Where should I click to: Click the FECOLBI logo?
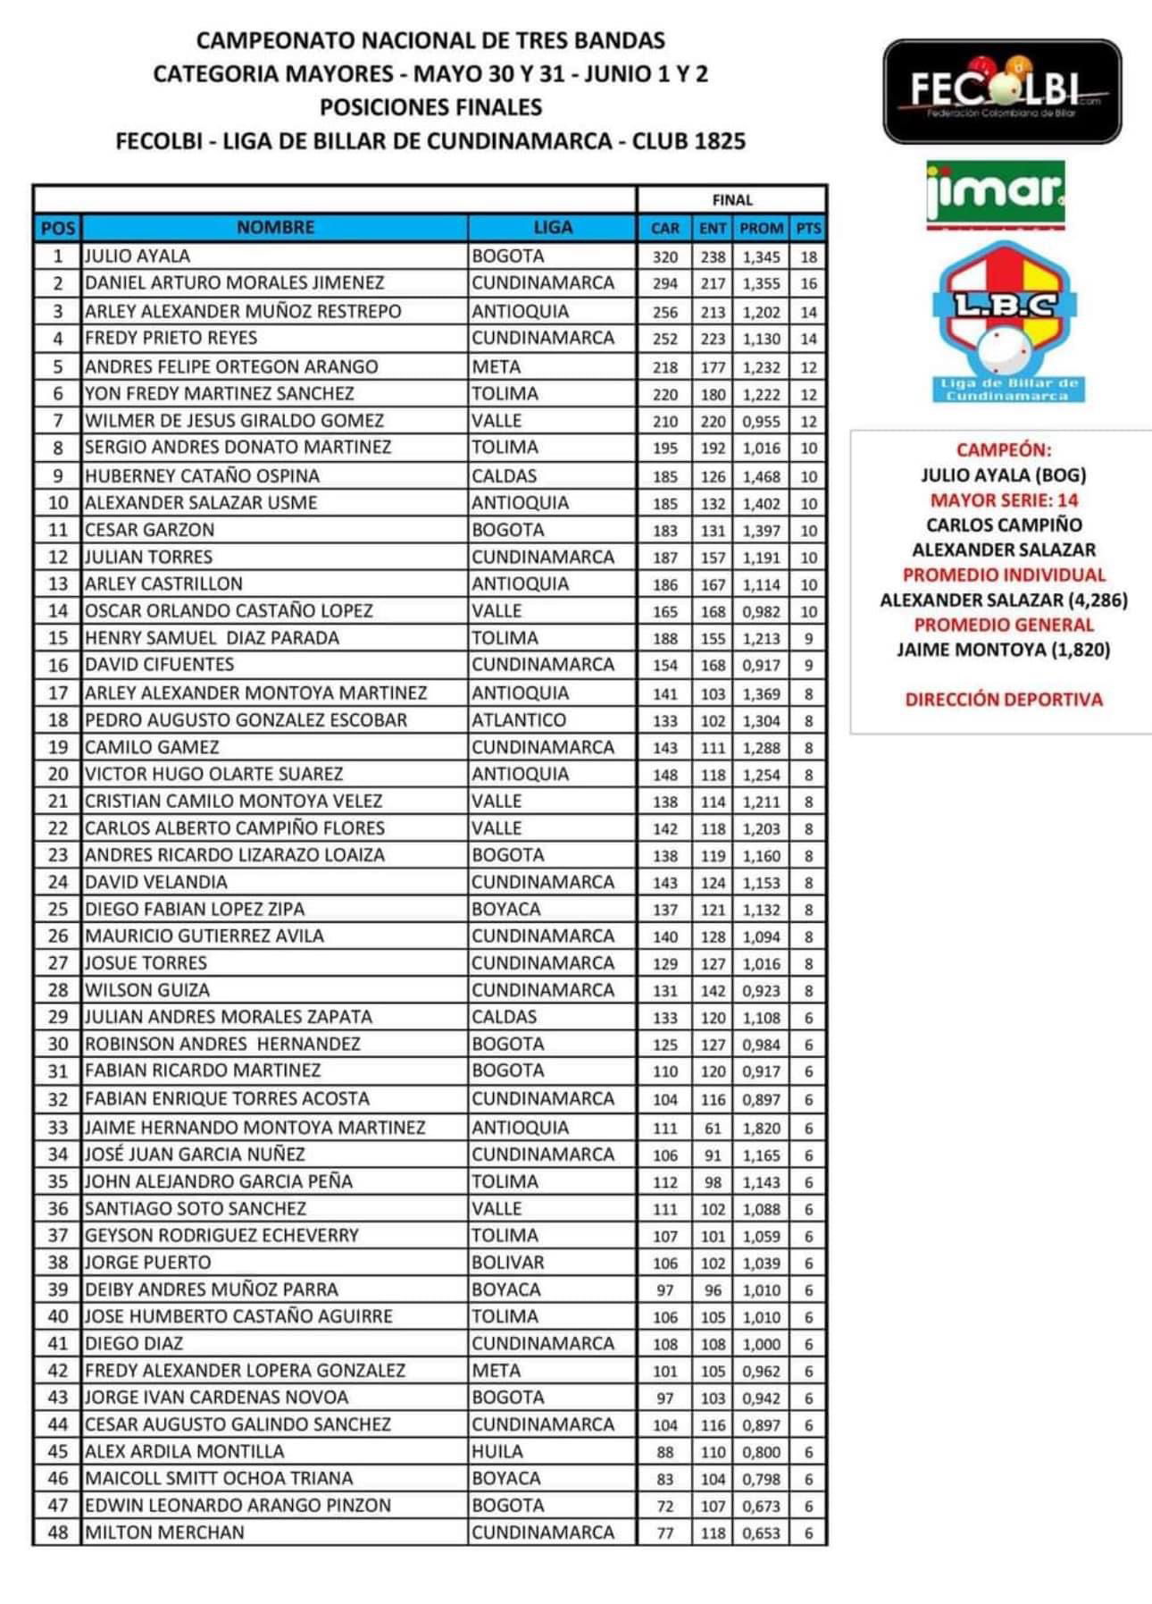point(1002,92)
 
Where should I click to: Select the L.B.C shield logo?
point(1006,322)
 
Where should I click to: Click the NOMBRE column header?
point(275,228)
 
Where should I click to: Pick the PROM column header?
point(761,229)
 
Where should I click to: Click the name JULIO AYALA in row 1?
point(138,256)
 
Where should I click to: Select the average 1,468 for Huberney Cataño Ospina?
point(761,476)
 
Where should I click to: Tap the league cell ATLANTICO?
point(519,720)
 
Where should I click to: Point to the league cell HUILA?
point(497,1451)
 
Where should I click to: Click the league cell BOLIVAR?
point(507,1263)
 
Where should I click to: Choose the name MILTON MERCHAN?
point(164,1533)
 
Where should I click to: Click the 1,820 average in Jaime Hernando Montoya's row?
point(761,1129)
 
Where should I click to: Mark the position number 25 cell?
point(58,910)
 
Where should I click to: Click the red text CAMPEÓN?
point(1004,450)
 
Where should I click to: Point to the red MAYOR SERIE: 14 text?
point(1004,500)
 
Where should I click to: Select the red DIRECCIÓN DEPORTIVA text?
point(1004,700)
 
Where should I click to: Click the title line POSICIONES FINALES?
point(430,107)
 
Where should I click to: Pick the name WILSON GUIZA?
point(147,990)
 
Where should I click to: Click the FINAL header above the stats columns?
point(732,200)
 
